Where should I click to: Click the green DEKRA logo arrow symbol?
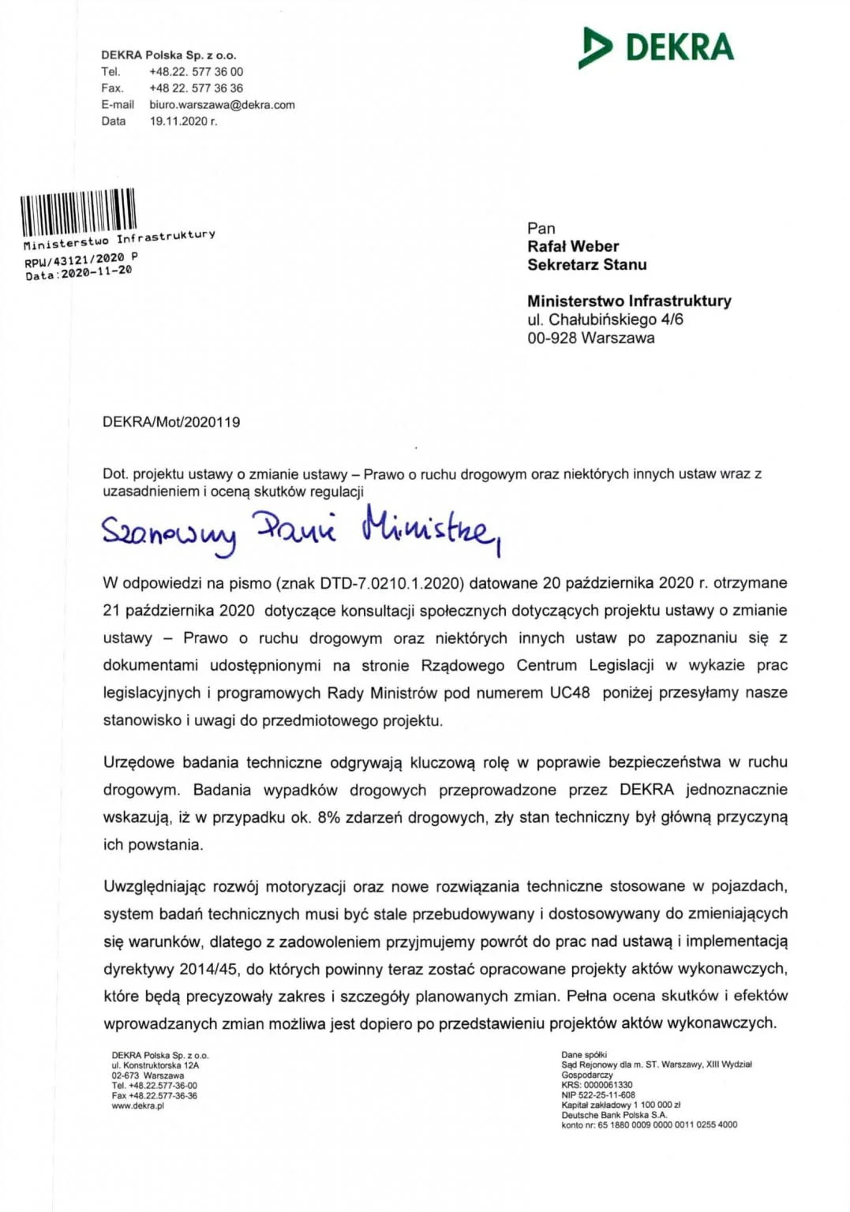pyautogui.click(x=594, y=47)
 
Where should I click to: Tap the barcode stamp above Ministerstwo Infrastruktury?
pyautogui.click(x=78, y=211)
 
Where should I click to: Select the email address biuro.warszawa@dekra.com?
pyautogui.click(x=222, y=105)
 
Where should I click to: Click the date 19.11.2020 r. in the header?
pyautogui.click(x=183, y=122)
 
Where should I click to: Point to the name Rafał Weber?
pyautogui.click(x=573, y=247)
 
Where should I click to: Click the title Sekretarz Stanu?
pyautogui.click(x=586, y=265)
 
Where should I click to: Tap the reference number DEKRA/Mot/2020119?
pyautogui.click(x=171, y=422)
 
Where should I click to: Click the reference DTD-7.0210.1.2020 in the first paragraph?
pyautogui.click(x=391, y=584)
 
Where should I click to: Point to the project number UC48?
pyautogui.click(x=569, y=694)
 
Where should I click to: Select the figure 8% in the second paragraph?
pyautogui.click(x=328, y=818)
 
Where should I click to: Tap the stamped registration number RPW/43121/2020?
pyautogui.click(x=74, y=260)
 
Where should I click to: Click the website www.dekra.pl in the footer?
pyautogui.click(x=137, y=1106)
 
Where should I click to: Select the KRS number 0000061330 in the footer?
pyautogui.click(x=608, y=1085)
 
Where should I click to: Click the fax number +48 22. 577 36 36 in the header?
pyautogui.click(x=196, y=88)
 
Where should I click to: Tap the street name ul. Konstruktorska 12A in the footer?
pyautogui.click(x=155, y=1065)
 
